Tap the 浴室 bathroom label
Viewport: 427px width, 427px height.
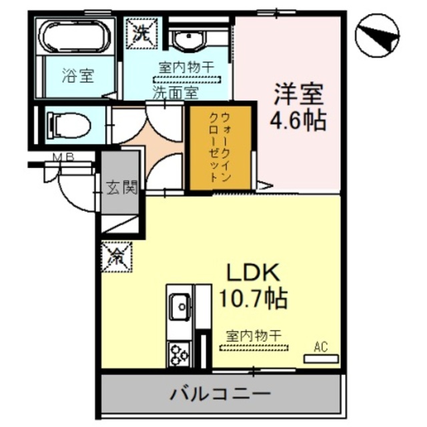[78, 76]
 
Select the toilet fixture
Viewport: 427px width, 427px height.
[71, 123]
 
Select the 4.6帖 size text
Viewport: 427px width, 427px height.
[298, 121]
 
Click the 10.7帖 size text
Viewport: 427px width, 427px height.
[254, 298]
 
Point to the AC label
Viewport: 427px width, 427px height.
[321, 346]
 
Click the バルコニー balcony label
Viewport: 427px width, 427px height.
[220, 393]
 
